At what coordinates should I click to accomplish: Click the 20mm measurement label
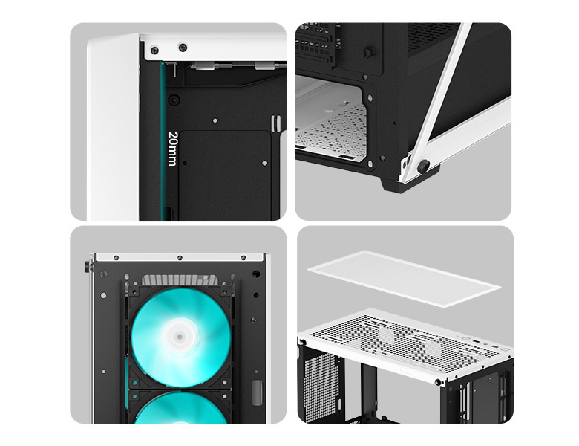(172, 149)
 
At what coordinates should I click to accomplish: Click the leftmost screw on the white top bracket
(154, 51)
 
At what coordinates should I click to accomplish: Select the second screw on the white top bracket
(181, 47)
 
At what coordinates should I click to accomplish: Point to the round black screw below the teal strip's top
(173, 100)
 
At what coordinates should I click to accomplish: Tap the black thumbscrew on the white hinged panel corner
(422, 167)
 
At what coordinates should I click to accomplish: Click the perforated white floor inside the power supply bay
(334, 134)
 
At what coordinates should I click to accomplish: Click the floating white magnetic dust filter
(405, 277)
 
